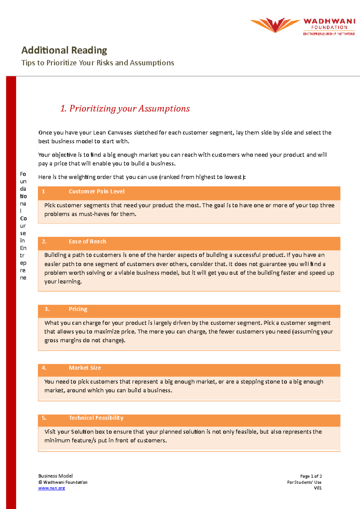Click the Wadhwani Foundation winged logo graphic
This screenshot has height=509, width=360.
click(275, 25)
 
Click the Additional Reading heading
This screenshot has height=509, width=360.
click(64, 50)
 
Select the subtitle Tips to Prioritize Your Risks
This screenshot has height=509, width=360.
click(97, 63)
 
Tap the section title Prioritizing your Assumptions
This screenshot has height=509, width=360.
click(125, 109)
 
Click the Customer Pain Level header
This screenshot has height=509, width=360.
click(97, 192)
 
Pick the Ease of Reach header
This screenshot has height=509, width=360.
click(87, 242)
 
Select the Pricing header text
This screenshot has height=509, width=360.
click(78, 309)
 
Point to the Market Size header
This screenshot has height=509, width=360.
click(85, 368)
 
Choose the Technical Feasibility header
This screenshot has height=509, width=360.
click(96, 418)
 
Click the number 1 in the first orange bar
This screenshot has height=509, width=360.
click(43, 192)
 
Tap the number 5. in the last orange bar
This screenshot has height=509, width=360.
click(44, 418)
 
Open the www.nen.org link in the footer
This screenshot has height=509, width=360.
click(52, 488)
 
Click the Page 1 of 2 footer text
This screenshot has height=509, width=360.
click(311, 476)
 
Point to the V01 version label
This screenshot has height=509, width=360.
click(318, 488)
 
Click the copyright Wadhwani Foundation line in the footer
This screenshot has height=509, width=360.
click(63, 482)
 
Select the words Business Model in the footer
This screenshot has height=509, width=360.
click(55, 476)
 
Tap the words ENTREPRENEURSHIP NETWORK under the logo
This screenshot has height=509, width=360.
click(329, 34)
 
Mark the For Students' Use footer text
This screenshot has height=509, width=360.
click(304, 482)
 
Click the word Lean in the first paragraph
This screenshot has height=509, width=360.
click(99, 132)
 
